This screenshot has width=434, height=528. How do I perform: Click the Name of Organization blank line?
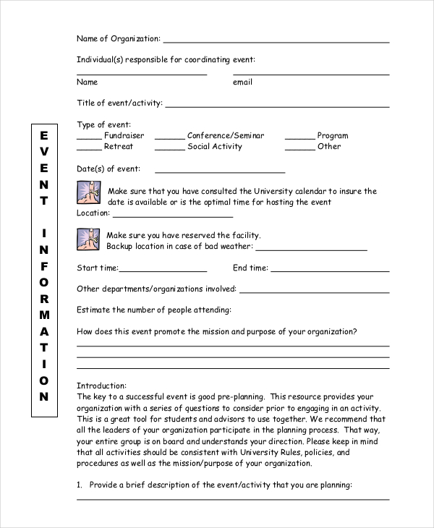coord(276,42)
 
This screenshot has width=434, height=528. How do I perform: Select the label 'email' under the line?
coord(242,82)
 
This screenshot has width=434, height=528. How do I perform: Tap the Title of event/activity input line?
coord(277,107)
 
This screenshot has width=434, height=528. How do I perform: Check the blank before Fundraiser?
coord(89,139)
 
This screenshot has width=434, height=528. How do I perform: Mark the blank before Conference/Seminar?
coord(169,139)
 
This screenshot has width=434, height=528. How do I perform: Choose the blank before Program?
coord(299,139)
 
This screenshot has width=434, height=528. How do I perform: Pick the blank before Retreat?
coord(89,150)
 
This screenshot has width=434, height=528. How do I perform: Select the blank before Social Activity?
coord(169,150)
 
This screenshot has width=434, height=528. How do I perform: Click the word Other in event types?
coord(329,147)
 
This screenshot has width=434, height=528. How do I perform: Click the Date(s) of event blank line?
coord(220,172)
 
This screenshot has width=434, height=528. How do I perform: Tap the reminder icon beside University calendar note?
coord(88,194)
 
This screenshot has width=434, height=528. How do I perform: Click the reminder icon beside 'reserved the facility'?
coord(88,239)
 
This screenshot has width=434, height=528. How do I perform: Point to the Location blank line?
coord(173,216)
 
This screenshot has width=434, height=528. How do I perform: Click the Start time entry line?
coord(163,271)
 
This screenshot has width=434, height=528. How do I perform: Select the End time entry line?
coord(329,271)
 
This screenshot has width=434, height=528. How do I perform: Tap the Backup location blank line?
coord(312,250)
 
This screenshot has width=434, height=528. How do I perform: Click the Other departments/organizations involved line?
coord(314,292)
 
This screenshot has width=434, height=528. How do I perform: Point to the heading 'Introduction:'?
coord(101,386)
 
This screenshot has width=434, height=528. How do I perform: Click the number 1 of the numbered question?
coord(80,485)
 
